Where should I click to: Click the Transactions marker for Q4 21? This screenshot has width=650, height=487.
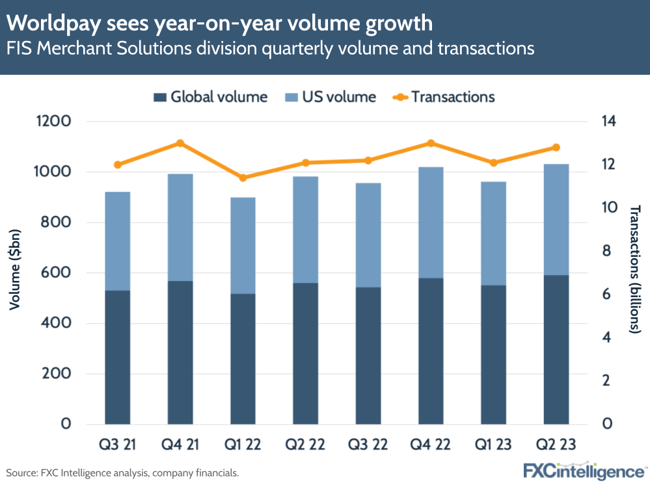(x=180, y=144)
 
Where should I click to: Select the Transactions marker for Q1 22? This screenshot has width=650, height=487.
(x=243, y=178)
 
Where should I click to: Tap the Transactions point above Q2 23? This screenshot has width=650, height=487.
(x=556, y=148)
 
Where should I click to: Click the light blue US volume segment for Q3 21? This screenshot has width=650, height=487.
(x=117, y=241)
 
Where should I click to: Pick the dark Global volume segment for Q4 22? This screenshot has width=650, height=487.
(x=431, y=351)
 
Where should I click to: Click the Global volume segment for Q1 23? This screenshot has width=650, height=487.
(x=494, y=354)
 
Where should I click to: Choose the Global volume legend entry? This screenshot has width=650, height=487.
(x=211, y=97)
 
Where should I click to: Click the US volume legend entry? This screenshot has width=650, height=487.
(x=331, y=97)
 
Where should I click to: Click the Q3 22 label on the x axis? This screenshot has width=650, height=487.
(x=368, y=445)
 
